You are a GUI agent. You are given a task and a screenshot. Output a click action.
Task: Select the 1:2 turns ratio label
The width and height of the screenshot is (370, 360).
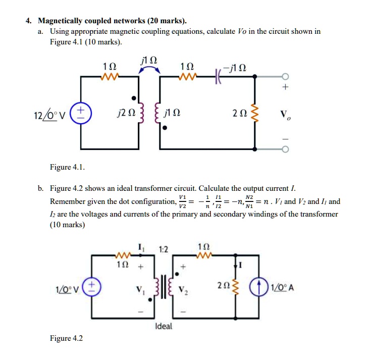click(x=163, y=248)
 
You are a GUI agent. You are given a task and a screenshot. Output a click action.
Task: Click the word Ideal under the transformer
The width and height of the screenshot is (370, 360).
click(x=164, y=326)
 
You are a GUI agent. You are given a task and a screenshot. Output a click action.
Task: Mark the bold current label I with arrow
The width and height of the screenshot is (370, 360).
click(x=241, y=265)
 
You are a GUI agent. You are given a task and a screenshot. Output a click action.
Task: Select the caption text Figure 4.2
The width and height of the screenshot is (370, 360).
click(x=66, y=338)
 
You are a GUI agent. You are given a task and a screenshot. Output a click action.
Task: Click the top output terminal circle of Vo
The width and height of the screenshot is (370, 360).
click(x=286, y=76)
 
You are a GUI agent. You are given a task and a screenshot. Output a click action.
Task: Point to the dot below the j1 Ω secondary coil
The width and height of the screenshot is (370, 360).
click(x=164, y=130)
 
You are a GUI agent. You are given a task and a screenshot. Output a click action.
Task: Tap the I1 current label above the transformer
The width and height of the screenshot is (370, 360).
click(x=140, y=247)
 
